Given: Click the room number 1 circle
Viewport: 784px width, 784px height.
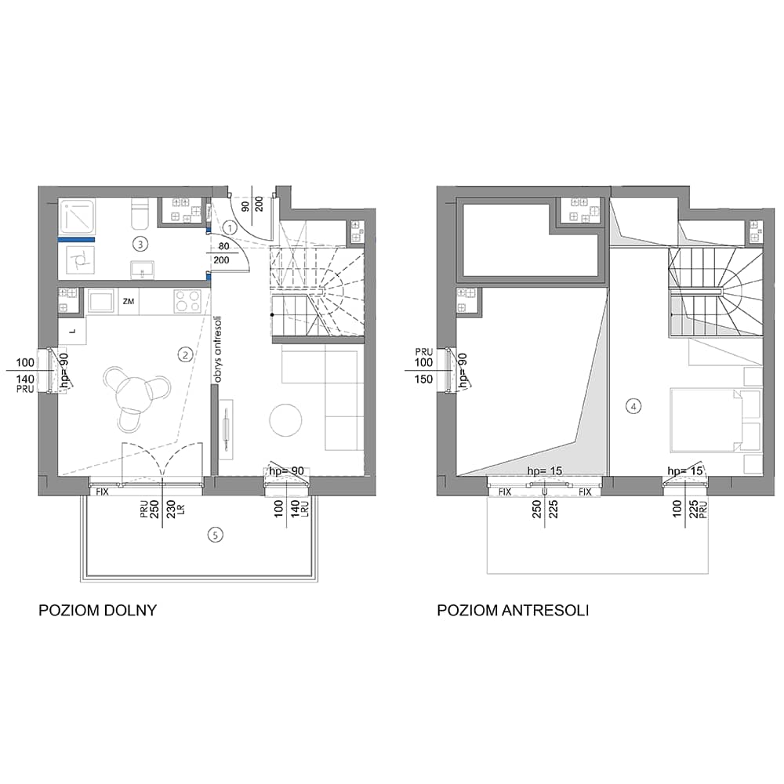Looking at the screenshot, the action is click(230, 228).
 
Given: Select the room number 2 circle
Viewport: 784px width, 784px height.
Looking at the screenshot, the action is click(185, 355).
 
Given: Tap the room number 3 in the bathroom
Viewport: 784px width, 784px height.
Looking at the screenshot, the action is click(140, 244).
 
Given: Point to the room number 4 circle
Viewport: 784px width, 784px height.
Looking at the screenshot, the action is click(633, 406).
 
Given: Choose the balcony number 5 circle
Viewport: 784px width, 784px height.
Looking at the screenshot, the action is click(215, 535).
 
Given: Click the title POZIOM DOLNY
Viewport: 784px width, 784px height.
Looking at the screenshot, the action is click(97, 611).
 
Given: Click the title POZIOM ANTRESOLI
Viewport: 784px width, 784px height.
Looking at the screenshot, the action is click(513, 611).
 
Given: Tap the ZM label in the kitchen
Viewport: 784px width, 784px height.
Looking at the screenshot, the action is click(129, 301).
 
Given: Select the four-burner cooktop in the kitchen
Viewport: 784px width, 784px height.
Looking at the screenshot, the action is click(187, 302).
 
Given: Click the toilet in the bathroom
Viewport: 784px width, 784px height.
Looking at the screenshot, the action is click(138, 215).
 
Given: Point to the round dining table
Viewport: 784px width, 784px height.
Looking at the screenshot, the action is click(132, 393).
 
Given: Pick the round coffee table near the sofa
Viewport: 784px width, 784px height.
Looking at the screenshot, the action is click(285, 419).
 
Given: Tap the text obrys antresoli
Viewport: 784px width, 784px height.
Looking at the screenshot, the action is click(217, 350).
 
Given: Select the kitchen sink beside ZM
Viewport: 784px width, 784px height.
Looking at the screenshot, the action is click(101, 302).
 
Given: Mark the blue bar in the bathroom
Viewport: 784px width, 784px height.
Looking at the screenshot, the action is click(76, 240).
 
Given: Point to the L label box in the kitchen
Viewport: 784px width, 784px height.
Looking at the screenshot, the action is click(72, 331).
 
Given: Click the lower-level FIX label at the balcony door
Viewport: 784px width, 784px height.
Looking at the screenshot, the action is click(102, 492).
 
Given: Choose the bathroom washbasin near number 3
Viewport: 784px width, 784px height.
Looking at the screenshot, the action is click(143, 270).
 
